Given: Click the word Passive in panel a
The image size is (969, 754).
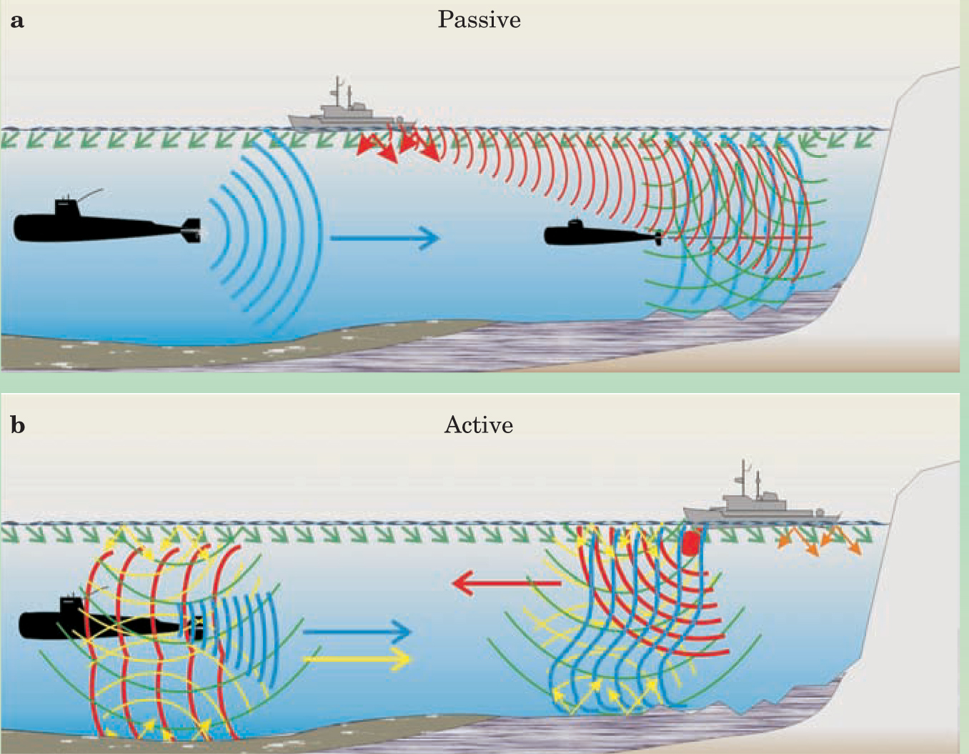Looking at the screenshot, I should (x=479, y=19).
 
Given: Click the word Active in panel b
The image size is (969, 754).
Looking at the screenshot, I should (x=479, y=425).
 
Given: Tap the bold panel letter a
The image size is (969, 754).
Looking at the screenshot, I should (x=17, y=21).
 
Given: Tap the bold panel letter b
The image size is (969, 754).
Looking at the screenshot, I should (x=18, y=426).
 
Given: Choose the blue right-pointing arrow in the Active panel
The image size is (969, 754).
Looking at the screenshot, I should (x=357, y=631).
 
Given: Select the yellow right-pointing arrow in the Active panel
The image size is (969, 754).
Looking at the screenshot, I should (x=357, y=658).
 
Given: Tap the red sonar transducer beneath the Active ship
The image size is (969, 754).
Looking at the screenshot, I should (x=690, y=543).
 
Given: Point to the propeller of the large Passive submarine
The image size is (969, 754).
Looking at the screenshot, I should (x=194, y=230).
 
